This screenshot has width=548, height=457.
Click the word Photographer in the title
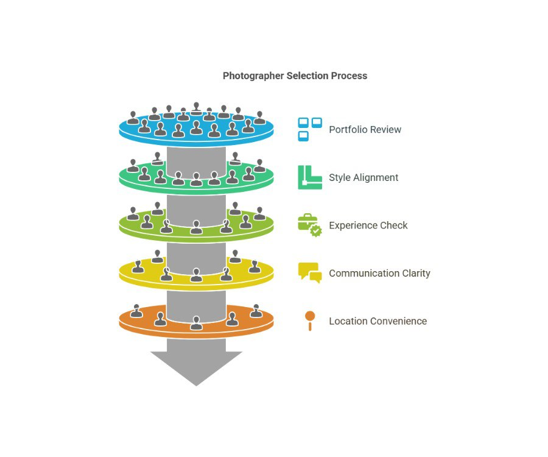click(x=253, y=76)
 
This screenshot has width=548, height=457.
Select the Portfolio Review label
click(x=365, y=130)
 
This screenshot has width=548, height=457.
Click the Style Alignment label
click(x=364, y=178)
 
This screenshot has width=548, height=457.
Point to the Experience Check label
click(x=368, y=225)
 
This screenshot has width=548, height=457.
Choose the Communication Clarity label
click(x=379, y=273)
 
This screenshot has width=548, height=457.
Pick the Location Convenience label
click(x=378, y=321)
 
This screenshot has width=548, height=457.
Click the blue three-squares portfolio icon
click(x=310, y=129)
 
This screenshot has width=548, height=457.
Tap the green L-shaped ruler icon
click(x=310, y=177)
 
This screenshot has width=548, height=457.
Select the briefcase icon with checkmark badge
click(x=310, y=225)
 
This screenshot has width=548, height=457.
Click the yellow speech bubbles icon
click(x=310, y=273)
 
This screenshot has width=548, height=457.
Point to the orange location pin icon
click(x=310, y=321)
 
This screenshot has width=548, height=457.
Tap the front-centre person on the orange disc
click(x=196, y=323)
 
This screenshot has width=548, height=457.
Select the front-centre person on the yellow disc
click(x=196, y=275)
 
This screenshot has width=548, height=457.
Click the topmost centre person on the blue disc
click(x=196, y=108)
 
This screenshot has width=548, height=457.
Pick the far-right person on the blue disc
click(x=259, y=118)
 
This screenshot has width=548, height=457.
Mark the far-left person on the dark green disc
click(x=133, y=166)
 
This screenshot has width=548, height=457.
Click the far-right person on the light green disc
click(x=259, y=214)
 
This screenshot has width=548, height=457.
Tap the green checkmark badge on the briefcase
click(x=316, y=231)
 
